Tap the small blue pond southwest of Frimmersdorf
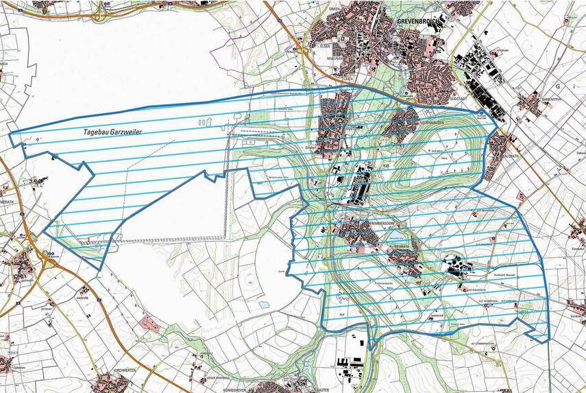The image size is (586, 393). (x=264, y=304)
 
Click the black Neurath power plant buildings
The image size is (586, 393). (x=455, y=268)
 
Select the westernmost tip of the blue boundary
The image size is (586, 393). (x=11, y=133)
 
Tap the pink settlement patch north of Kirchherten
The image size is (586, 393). (x=151, y=323)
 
